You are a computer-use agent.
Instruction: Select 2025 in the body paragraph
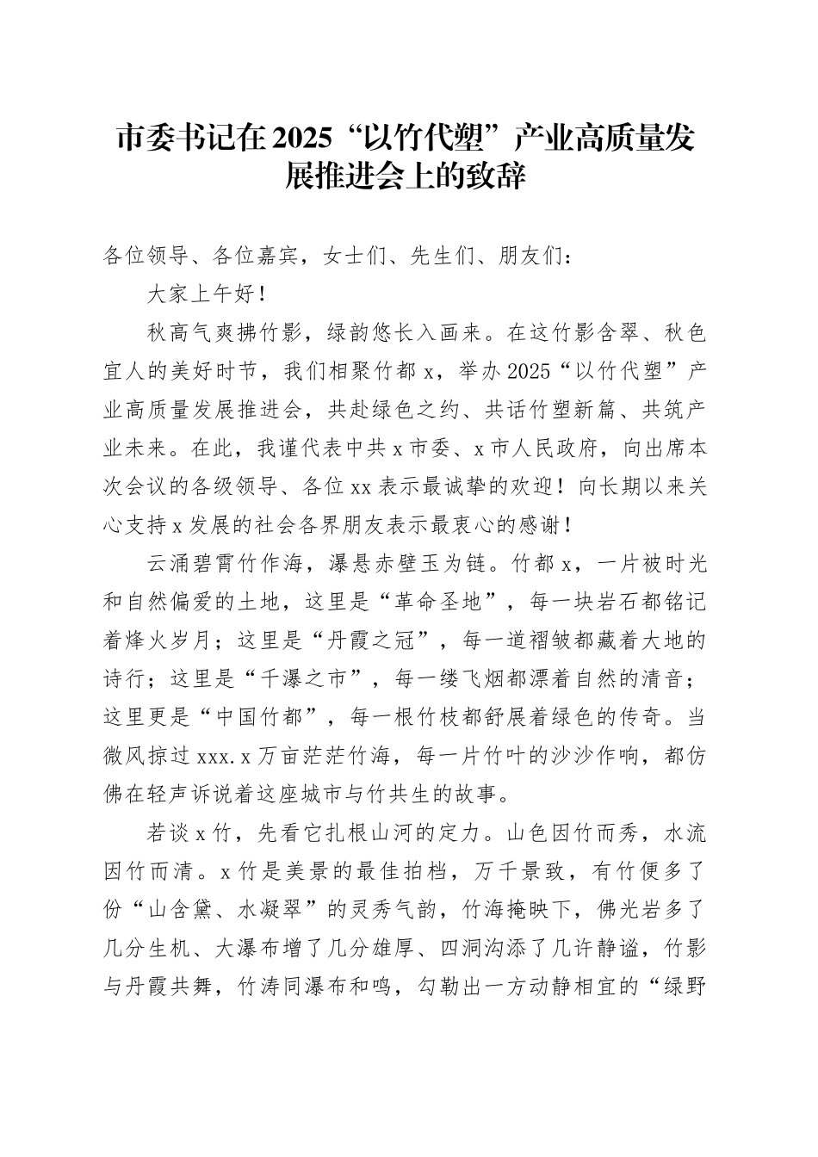tap(529, 371)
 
